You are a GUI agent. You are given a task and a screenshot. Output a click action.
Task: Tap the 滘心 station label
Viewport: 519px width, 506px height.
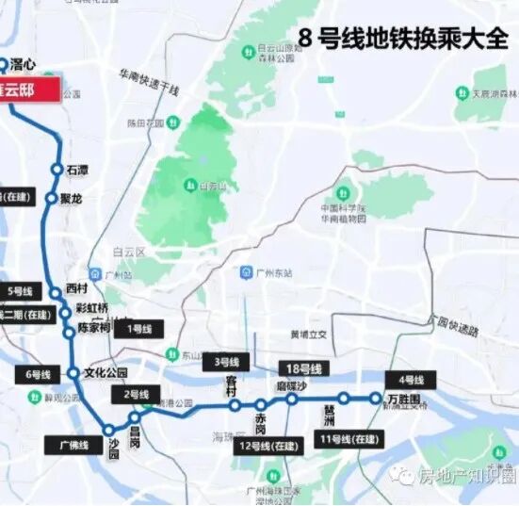tap(27, 65)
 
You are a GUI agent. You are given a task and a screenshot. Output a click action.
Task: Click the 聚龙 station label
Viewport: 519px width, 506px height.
tap(72, 199)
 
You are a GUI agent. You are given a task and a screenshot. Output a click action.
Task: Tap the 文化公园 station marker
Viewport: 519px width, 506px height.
tap(73, 373)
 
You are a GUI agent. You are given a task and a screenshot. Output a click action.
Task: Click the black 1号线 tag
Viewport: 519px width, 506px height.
tap(139, 329)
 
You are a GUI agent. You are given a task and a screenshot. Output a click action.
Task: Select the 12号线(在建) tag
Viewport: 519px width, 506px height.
tap(265, 445)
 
